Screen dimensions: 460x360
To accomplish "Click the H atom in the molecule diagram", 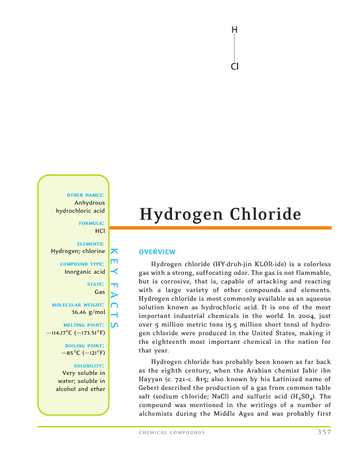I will coord(234,30).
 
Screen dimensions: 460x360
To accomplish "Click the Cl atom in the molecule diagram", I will coord(234,67).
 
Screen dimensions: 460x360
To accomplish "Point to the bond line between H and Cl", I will coord(234,48).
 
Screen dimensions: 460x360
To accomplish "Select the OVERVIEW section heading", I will coord(157,252).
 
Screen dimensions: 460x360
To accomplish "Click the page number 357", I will coord(324,432).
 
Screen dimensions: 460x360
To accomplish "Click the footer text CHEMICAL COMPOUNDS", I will coord(171,433).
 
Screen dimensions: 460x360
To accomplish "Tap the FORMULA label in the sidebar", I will coord(91,223).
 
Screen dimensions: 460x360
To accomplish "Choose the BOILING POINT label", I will coord(85,345).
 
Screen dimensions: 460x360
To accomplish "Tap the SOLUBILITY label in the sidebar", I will coord(89,366).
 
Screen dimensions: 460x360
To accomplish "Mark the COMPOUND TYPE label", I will coord(82,264).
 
